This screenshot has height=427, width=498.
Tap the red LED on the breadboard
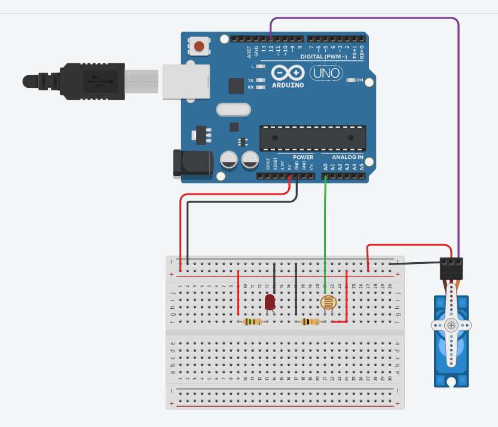coord(270,302)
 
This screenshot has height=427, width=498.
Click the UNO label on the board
coord(326,73)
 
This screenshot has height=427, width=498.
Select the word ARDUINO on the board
coord(288,85)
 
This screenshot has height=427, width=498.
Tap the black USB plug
coord(90,79)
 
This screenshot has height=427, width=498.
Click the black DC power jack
coord(192,164)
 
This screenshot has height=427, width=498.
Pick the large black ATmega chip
coord(312,138)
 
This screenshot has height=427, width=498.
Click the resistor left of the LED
coord(253,322)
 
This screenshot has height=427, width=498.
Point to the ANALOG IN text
coord(347,157)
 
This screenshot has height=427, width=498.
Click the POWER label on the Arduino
coord(303,157)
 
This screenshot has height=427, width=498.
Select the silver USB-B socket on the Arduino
coord(187,79)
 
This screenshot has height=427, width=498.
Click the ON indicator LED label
coord(360,79)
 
